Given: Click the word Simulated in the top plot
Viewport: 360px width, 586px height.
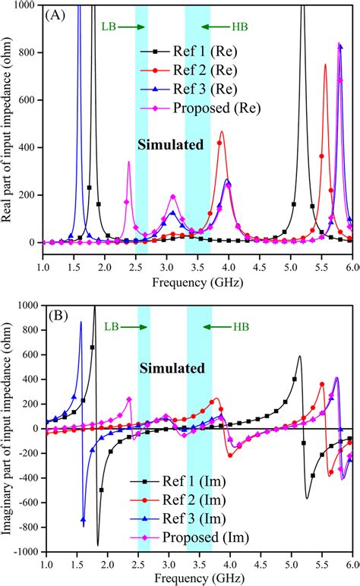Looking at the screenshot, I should (171, 144).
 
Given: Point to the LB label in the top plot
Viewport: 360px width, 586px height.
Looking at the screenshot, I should (109, 27).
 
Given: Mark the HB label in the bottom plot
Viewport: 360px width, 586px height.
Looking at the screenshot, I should (241, 327).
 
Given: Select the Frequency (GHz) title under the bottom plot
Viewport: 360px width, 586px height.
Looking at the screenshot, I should (198, 577).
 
